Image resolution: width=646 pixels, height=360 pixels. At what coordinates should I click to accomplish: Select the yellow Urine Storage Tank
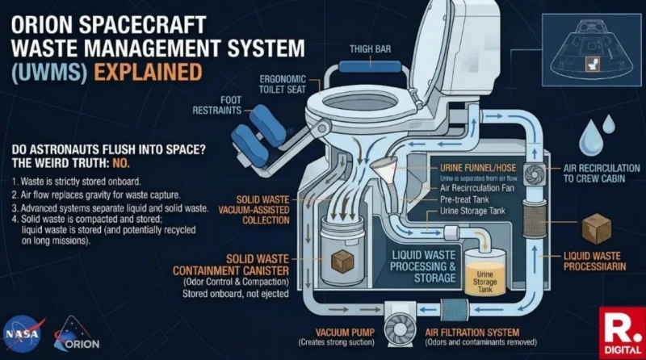[x=485, y=278]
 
